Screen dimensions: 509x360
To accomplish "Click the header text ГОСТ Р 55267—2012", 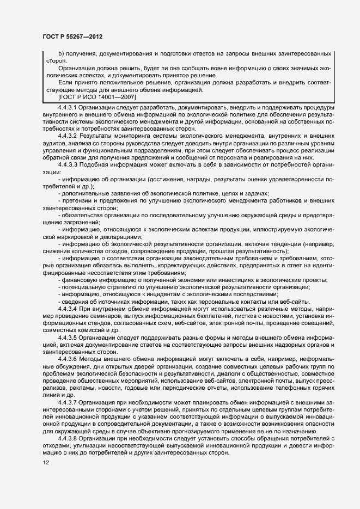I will coord(72,36).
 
